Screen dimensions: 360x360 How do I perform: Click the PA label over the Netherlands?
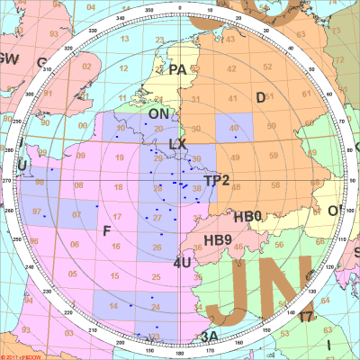pos(176,69)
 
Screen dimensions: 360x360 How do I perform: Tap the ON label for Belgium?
pos(157,114)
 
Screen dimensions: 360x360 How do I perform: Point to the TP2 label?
pos(217,181)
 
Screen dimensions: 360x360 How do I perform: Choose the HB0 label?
pos(247,217)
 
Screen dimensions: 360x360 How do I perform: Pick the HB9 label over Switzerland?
pos(218,240)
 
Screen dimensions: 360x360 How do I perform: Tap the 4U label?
pos(182,263)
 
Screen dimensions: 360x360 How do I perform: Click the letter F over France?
pos(107,231)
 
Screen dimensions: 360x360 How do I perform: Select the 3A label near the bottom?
pos(209,336)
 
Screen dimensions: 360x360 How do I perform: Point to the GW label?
pos(10,59)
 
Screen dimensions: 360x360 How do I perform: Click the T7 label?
pos(306,317)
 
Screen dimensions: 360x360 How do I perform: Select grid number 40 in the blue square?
pos(234,128)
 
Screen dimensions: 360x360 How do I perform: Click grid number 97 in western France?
pos(37,211)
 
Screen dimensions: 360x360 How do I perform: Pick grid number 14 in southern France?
pos(114,307)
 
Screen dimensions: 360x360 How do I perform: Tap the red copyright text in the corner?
pos(22,356)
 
